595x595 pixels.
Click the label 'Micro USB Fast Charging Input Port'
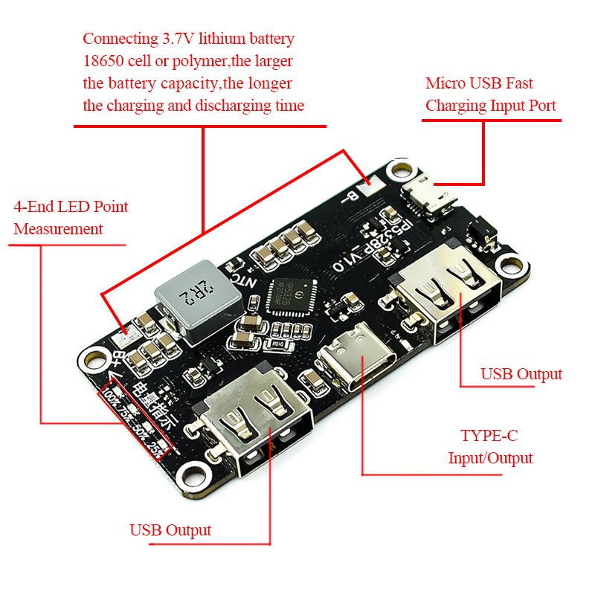[490, 94]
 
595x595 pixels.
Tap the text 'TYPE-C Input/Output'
[490, 446]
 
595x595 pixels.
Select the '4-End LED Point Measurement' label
[71, 217]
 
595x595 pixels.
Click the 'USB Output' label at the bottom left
[170, 530]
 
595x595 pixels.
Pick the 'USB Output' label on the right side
[521, 373]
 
